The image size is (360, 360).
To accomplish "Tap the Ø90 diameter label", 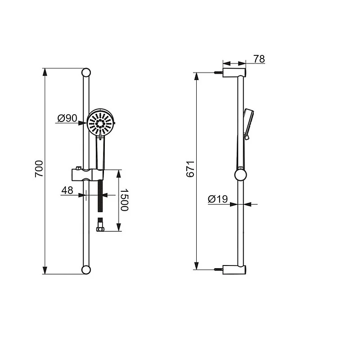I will click(x=67, y=119).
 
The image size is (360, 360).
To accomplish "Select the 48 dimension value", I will click(x=67, y=191).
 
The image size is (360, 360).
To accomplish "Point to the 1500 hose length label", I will click(x=125, y=200).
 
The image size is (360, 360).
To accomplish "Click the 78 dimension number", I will click(x=259, y=59).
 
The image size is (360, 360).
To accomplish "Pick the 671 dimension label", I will click(x=190, y=168).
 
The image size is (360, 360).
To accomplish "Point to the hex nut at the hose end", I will click(x=100, y=229).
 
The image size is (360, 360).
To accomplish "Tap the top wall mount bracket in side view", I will click(x=235, y=72).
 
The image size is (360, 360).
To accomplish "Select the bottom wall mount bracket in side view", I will click(x=235, y=269).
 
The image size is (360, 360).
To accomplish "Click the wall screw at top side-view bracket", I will click(x=219, y=72).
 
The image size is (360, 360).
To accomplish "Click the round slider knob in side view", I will click(x=241, y=174).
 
